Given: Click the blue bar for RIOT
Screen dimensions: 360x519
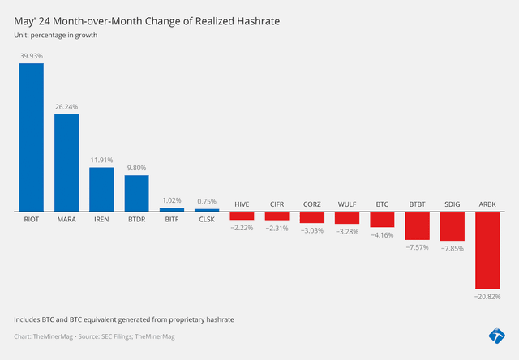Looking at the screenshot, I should [32, 137].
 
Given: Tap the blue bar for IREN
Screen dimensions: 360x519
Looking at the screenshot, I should [101, 189].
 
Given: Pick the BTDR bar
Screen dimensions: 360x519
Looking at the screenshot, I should [136, 193].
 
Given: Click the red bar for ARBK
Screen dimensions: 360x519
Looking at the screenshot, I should [487, 251].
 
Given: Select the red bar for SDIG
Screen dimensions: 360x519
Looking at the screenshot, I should [453, 226].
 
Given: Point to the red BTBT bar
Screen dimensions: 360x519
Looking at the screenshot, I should [417, 225].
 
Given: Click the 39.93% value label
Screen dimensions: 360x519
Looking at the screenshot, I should [32, 56].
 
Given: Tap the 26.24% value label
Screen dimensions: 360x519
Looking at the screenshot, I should [66, 106].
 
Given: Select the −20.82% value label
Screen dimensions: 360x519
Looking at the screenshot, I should [487, 297].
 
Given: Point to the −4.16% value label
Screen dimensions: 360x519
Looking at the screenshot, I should [382, 234].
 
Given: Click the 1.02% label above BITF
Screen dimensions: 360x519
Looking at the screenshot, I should [172, 200].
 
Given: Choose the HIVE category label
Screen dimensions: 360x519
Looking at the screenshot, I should [242, 204].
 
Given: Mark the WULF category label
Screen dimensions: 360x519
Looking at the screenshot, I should [347, 204].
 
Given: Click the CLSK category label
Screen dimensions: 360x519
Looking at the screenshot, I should [207, 219].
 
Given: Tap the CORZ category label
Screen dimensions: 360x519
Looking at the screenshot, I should [312, 204].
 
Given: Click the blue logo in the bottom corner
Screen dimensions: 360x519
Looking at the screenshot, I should [496, 336].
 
